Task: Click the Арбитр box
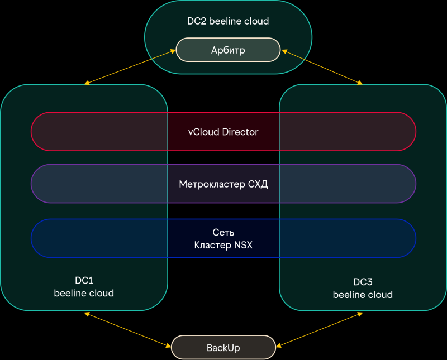228,50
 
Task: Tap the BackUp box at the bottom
223,348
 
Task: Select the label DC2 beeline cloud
228,21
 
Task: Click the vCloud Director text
223,132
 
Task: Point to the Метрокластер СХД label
223,184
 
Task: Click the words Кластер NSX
223,245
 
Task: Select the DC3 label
363,282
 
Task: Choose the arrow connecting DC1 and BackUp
127,330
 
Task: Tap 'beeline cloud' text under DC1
84,293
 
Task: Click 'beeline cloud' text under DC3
363,295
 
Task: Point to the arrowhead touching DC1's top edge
87,83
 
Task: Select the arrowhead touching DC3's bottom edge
360,315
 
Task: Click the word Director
240,132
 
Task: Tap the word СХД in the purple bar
258,184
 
